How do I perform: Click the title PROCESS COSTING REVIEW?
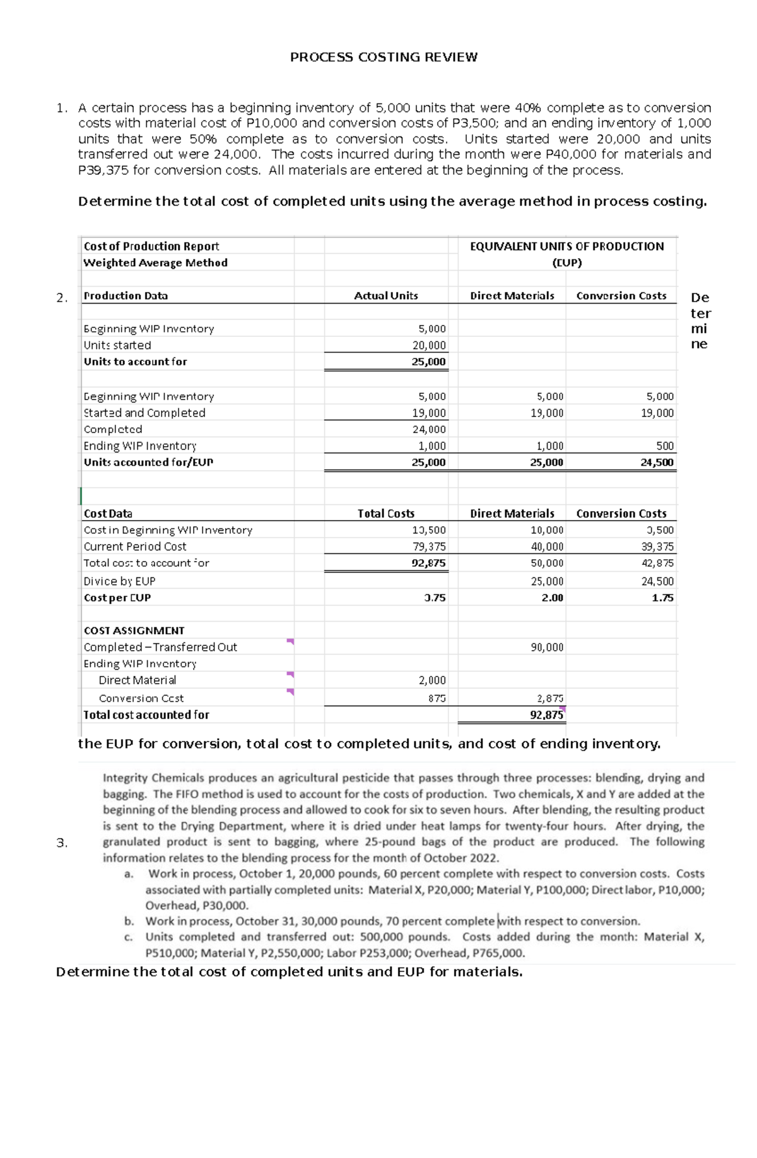(384, 57)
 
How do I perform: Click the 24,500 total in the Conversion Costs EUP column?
(657, 463)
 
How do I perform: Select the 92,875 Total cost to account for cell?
(428, 563)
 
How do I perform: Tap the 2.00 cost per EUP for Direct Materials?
(552, 598)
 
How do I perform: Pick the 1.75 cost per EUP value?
(662, 598)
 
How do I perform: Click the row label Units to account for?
(135, 362)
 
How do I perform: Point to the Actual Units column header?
(385, 296)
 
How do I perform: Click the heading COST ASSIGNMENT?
(134, 630)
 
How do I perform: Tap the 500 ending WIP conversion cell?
(665, 446)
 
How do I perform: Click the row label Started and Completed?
(144, 413)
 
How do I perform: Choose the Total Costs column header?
(385, 514)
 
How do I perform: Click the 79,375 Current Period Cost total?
(428, 547)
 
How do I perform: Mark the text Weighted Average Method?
(155, 263)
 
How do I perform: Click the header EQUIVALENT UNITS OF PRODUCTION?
(566, 247)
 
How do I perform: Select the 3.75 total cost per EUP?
(435, 598)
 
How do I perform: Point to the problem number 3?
(61, 843)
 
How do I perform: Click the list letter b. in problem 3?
(129, 921)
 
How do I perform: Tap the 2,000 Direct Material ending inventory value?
(432, 680)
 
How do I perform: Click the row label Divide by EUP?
(119, 581)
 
